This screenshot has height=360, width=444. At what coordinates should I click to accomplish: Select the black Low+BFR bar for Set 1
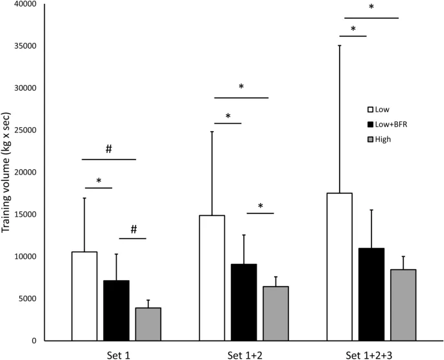pos(116,310)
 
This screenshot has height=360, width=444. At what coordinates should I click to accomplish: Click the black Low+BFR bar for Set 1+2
pos(243,302)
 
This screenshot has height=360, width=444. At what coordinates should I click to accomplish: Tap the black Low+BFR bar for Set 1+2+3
pos(371,294)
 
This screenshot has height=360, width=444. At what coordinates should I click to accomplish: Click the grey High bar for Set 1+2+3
pos(403,305)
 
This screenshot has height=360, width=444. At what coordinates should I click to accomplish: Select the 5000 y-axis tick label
pos(27,299)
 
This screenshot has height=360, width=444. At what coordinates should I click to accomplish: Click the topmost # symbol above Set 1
pos(109,149)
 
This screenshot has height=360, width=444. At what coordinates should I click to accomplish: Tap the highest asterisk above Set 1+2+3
pos(371,7)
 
